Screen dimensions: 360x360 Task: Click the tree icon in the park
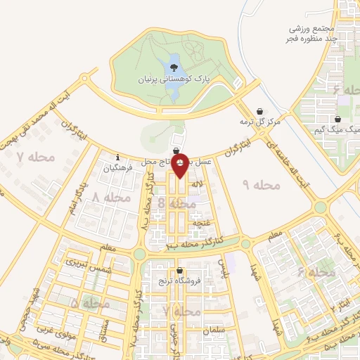(173, 67)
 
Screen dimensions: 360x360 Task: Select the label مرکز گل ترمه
(259, 122)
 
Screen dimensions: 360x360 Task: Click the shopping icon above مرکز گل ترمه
(259, 111)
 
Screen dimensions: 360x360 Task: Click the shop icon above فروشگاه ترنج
(181, 271)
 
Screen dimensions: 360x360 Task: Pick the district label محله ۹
(261, 184)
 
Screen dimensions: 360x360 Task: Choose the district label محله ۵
(90, 304)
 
